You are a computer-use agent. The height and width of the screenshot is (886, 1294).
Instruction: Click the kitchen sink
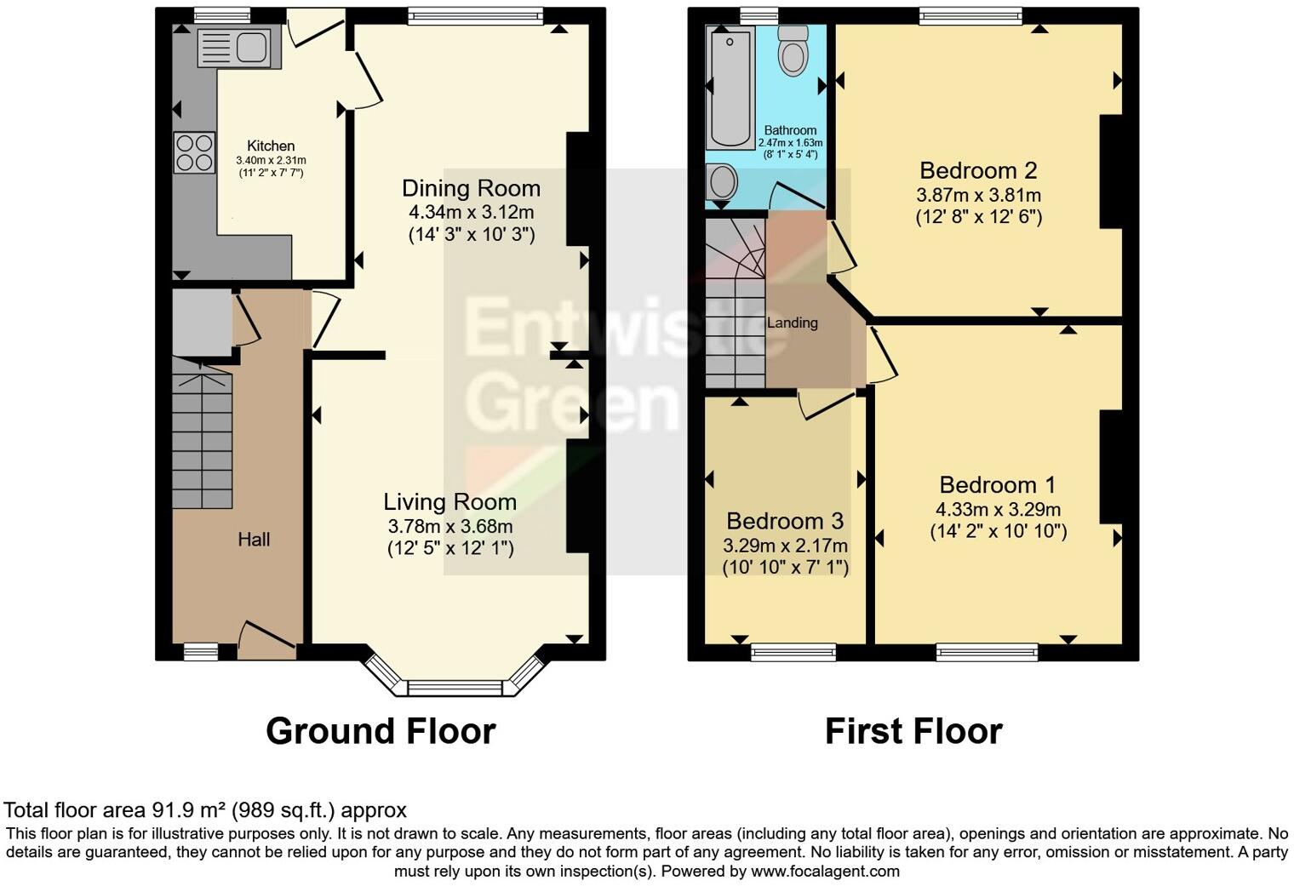(x=233, y=47)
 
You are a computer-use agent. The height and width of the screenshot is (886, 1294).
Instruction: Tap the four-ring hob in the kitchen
(x=194, y=153)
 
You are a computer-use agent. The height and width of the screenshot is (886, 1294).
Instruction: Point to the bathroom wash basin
(x=723, y=181)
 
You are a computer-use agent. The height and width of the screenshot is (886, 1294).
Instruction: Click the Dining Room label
(x=471, y=188)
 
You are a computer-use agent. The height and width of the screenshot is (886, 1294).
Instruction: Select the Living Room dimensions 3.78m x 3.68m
(x=449, y=527)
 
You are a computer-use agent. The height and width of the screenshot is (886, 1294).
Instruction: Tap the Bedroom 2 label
(x=978, y=170)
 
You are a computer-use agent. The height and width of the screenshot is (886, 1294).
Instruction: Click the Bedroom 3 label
(x=785, y=521)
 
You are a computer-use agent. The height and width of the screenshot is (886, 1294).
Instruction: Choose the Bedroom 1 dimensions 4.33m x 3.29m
(x=998, y=510)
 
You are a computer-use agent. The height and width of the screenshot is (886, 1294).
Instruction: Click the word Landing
(x=793, y=323)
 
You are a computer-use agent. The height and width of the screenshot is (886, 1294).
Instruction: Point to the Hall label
(x=254, y=540)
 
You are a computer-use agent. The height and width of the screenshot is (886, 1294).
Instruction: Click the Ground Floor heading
(x=381, y=731)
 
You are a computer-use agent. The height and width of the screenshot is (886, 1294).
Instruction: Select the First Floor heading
(x=913, y=731)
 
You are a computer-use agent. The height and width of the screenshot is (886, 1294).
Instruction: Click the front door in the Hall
(x=268, y=641)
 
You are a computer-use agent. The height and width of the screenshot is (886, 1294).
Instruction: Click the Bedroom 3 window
(x=793, y=652)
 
